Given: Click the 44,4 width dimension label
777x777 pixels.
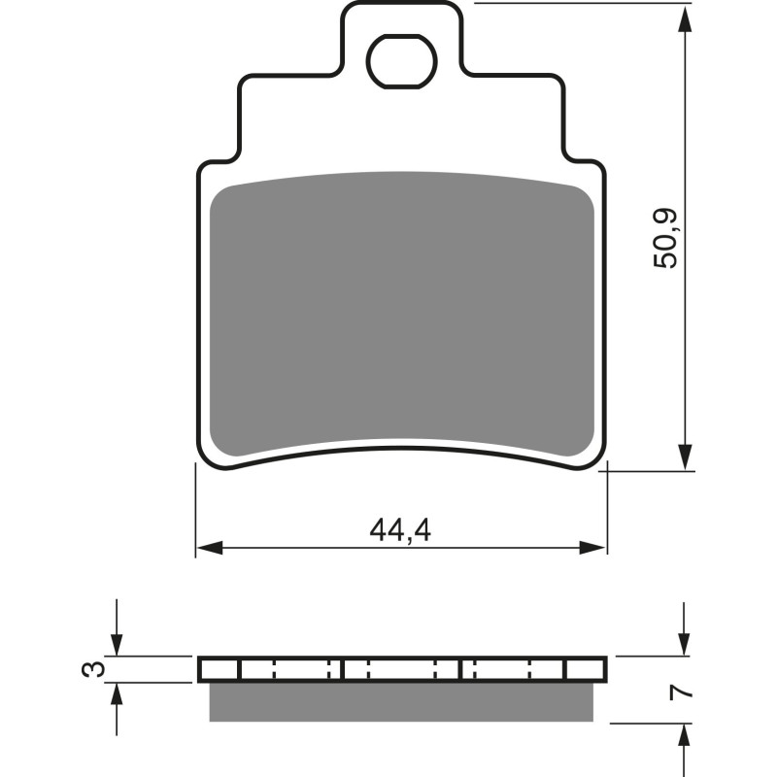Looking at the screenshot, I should click(400, 530).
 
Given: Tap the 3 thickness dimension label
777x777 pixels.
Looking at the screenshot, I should click(91, 669).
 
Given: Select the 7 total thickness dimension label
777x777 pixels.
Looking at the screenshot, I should click(685, 693).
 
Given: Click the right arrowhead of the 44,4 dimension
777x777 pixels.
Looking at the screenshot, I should click(595, 547).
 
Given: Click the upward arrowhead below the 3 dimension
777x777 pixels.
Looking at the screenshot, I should click(117, 693).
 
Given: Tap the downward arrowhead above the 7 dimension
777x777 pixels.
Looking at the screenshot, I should click(687, 645).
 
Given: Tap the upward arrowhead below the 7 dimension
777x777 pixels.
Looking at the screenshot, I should click(687, 733).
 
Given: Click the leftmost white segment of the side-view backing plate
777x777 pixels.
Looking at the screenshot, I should click(219, 669).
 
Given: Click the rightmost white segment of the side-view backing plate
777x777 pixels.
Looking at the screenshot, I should click(586, 669).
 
